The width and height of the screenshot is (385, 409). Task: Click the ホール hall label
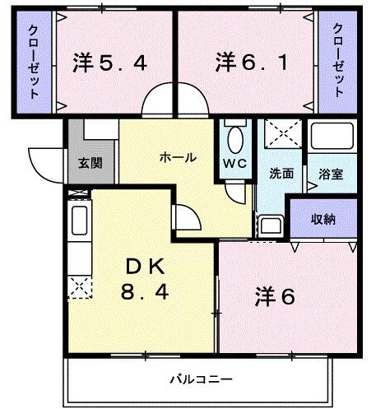tap(178, 157)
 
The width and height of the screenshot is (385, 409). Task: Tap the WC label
tap(235, 163)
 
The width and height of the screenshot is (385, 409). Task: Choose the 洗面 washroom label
tap(281, 174)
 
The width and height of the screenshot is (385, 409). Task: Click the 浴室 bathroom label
tap(330, 174)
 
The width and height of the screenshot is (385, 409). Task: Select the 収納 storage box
tap(322, 220)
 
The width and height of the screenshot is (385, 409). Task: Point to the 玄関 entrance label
tap(90, 163)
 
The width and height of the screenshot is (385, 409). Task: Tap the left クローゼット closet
tap(31, 63)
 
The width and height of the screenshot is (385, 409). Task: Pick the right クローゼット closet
tap(338, 63)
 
